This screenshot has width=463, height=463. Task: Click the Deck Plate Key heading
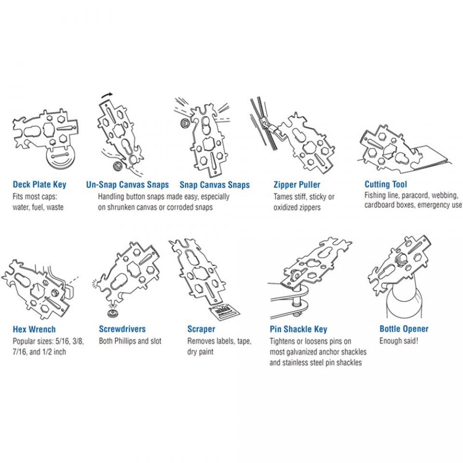tap(40, 185)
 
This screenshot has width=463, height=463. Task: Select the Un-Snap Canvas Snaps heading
tap(127, 185)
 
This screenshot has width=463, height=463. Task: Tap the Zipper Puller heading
tap(297, 185)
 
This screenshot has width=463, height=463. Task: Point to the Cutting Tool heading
tap(386, 184)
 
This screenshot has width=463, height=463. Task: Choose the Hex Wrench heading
tap(34, 329)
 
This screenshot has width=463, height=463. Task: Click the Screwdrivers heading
tap(122, 329)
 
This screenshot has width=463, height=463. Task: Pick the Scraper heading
tap(201, 329)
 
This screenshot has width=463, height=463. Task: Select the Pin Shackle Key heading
tap(298, 329)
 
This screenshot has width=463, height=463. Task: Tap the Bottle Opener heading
tap(404, 329)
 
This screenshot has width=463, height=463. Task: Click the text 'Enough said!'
tap(399, 341)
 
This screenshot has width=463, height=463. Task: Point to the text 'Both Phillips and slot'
tap(130, 341)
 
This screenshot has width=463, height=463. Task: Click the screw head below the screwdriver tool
tap(112, 313)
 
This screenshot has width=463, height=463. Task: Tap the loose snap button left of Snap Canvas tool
tap(187, 123)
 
